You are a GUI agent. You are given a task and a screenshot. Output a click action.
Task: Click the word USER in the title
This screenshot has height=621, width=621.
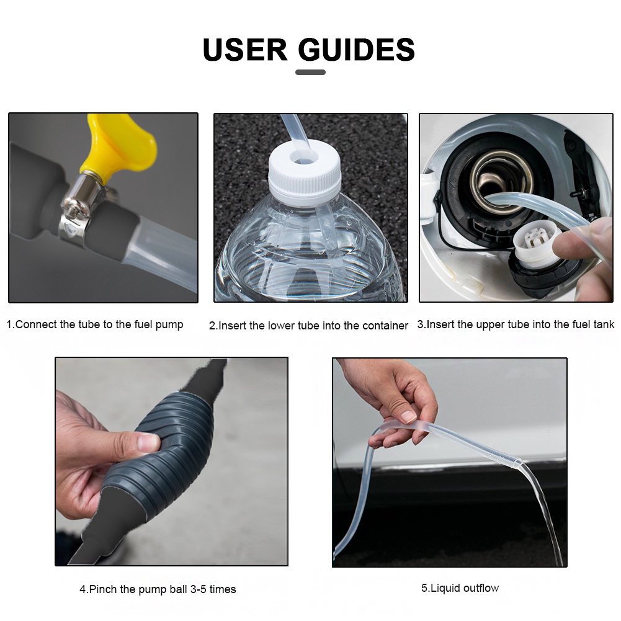point(244,50)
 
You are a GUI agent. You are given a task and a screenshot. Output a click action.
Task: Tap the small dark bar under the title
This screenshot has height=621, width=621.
point(310,73)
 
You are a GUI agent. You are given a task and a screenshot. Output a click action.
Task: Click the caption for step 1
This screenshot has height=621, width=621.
point(95,324)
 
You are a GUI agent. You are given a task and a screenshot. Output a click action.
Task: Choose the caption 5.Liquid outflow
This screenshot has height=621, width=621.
point(460,588)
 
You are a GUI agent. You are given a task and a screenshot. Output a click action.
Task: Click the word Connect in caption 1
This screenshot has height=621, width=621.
point(36,324)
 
